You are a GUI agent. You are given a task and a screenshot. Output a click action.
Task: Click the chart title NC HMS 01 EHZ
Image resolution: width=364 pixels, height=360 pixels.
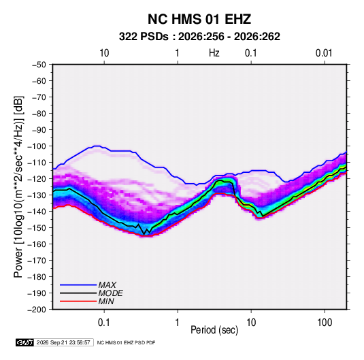click(199, 19)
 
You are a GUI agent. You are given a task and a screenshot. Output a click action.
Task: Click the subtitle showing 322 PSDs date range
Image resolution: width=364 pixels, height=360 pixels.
click(199, 37)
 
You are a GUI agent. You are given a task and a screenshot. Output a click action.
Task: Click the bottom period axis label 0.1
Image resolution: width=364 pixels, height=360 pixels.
click(104, 323)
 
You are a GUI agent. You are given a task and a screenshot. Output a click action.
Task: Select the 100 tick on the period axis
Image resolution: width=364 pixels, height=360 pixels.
click(325, 323)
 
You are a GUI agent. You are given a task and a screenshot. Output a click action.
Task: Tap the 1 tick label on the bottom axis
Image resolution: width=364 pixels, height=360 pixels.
click(178, 323)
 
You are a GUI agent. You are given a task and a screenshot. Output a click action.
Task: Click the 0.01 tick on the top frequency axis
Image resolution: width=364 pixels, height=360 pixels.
click(324, 53)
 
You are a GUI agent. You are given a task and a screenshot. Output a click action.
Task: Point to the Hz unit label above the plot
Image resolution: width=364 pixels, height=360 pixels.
click(214, 53)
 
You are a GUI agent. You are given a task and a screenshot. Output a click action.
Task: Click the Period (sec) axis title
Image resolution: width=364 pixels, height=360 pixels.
click(214, 330)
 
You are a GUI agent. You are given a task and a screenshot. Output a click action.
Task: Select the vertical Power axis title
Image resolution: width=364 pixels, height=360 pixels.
click(18, 187)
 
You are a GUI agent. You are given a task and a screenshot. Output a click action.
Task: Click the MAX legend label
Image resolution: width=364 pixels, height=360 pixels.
click(107, 285)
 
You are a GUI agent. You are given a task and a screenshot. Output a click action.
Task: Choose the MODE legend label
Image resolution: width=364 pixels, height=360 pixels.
click(110, 293)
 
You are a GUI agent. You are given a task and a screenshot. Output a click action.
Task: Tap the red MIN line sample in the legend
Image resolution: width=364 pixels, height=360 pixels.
click(78, 301)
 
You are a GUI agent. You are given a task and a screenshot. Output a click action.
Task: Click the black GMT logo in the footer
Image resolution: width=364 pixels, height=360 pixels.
click(24, 342)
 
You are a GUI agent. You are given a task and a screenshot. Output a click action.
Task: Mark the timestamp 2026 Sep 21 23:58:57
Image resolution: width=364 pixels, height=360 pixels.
click(63, 342)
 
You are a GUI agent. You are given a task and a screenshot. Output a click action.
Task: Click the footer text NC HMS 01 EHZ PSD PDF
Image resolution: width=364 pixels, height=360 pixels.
click(126, 342)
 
